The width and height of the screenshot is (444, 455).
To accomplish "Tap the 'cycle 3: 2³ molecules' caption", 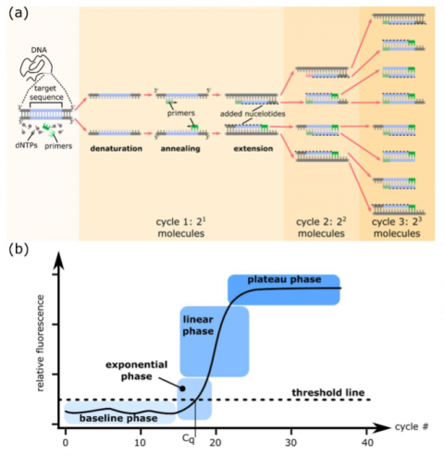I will click(395, 227).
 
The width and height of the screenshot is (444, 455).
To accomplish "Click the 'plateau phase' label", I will click(284, 279).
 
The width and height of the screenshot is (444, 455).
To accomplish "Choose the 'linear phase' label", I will click(196, 325).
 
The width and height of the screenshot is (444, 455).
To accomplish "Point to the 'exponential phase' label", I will click(137, 371).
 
